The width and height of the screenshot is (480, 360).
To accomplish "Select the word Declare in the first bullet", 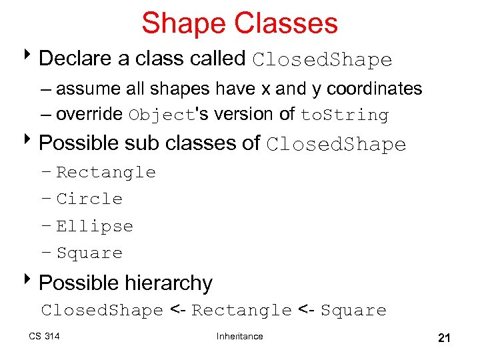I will [75, 59].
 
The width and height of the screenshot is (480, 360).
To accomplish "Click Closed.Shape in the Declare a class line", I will [322, 60].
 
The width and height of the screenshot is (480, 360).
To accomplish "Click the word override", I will [89, 115].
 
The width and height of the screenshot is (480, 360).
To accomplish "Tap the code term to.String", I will [344, 115].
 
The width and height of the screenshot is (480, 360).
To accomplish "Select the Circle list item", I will [89, 199].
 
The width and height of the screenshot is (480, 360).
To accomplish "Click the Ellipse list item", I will [95, 227].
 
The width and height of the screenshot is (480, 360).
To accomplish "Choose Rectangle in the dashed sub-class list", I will [106, 173].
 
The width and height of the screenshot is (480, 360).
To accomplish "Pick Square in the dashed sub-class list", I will [89, 253].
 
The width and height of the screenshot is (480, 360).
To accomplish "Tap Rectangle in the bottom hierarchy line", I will [241, 311].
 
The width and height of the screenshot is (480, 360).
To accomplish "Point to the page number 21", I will [444, 338].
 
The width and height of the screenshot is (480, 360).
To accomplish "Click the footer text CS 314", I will [44, 336].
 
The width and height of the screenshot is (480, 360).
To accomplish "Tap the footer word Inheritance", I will [239, 336].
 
